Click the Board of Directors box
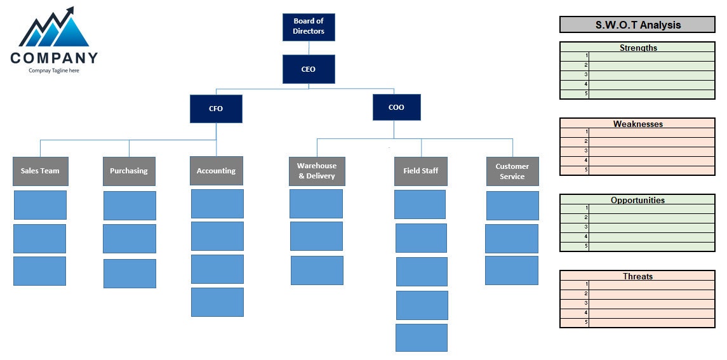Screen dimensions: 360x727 (x=309, y=27)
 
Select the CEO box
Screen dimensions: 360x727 (x=309, y=69)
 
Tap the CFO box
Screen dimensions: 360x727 (x=216, y=109)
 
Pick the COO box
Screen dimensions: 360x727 (x=396, y=107)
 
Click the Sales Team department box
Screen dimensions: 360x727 (x=40, y=171)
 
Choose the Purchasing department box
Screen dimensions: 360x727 (x=129, y=171)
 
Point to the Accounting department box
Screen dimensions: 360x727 (x=216, y=171)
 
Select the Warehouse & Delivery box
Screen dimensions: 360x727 (x=317, y=171)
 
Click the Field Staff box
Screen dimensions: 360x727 (x=420, y=171)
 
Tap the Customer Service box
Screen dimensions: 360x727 (x=512, y=171)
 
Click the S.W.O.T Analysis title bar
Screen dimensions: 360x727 (x=637, y=25)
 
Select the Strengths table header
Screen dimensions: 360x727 (x=637, y=48)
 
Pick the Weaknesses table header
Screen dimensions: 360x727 (x=637, y=124)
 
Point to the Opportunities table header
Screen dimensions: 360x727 (x=637, y=200)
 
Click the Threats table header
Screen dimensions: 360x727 (x=637, y=276)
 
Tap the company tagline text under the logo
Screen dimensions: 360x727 (x=54, y=70)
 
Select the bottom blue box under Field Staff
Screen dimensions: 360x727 (x=421, y=337)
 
